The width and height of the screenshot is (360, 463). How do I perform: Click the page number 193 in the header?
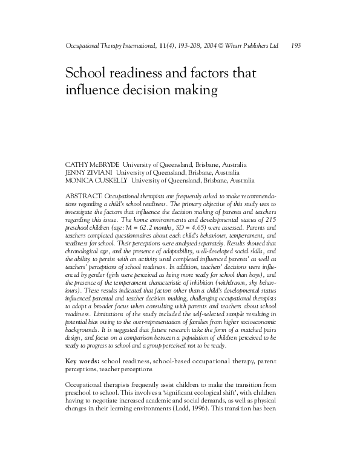point(296,45)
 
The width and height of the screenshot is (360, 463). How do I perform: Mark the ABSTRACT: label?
point(84,197)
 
